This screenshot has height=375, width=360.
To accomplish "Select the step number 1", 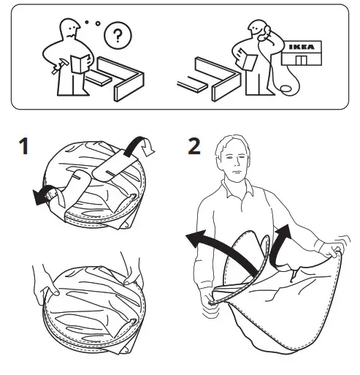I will click(24, 147).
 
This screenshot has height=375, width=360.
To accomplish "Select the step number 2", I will click(194, 147).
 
